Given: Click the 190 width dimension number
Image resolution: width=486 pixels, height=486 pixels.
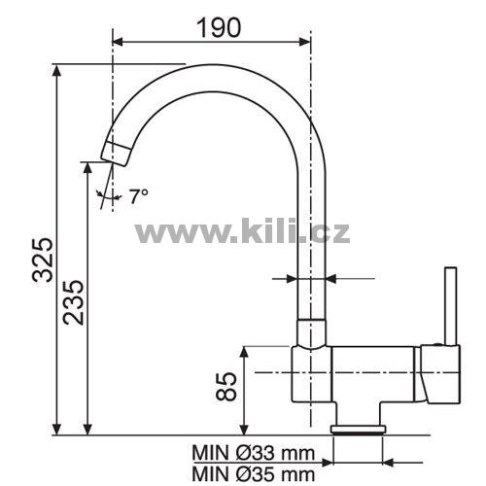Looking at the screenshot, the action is pos(219,27).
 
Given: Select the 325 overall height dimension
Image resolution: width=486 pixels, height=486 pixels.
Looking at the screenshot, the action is pos(42,260).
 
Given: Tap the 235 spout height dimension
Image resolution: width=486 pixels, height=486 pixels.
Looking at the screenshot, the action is pos(74,302).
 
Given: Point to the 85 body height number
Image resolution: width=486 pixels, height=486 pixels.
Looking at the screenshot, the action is pos(226,387).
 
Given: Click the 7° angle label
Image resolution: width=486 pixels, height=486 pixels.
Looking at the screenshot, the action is pos(138,195).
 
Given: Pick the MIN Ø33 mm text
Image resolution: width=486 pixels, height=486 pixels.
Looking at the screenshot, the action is pos(254,453).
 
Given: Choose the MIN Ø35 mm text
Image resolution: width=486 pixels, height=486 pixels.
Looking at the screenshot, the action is pos(254,474).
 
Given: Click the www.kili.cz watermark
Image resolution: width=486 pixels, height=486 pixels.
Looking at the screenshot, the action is pos(243,230).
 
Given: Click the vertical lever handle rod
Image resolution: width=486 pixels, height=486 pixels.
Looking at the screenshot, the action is pos(451,306).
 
